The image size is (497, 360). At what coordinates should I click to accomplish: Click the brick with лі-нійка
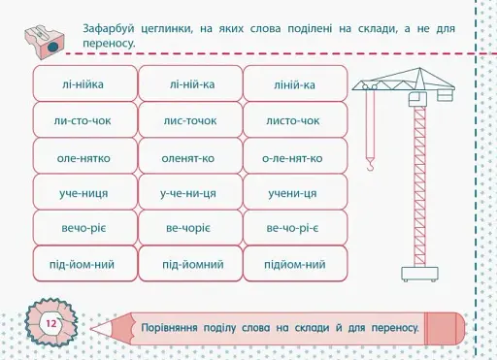point(83,85)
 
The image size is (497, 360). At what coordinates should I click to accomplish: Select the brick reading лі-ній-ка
point(189,85)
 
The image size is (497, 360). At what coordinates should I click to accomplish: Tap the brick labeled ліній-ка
point(295,85)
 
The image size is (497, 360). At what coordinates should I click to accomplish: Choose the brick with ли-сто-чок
point(83,121)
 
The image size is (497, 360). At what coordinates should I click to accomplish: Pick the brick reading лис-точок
point(189,121)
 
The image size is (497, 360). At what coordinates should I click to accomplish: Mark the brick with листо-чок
point(295,121)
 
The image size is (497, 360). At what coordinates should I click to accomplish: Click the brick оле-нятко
point(83,157)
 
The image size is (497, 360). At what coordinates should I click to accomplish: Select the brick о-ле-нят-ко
point(295,157)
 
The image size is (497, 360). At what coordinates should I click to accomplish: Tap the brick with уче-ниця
point(83,193)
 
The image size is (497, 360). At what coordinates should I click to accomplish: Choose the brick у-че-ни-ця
point(189,193)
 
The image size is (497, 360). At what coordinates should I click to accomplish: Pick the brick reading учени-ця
point(295,193)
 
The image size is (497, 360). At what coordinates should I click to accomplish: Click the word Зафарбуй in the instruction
point(111,29)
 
